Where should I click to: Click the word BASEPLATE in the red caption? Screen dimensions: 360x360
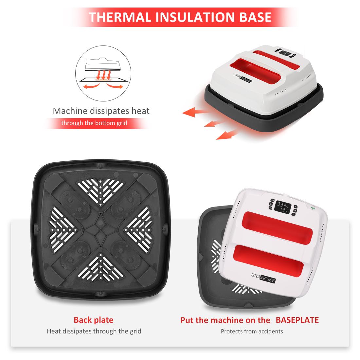coord(297,320)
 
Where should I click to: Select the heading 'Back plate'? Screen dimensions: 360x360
coord(94,320)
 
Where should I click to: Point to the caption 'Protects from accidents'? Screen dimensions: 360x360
coord(252,331)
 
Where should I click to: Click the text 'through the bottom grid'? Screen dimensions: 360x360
coord(94,123)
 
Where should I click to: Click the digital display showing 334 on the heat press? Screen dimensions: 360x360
coord(283,207)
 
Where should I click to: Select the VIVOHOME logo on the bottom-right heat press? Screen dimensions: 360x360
coord(263,278)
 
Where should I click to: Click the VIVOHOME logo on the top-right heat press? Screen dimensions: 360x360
coord(243,78)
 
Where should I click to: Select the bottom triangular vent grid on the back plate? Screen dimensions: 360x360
coord(100,267)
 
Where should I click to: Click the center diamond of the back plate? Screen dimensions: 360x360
coord(100,229)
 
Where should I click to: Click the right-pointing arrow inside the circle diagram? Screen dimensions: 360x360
coord(116,86)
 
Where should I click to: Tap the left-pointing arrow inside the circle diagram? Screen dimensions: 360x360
coord(91,86)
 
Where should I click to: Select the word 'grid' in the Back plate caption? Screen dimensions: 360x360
coord(136,332)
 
